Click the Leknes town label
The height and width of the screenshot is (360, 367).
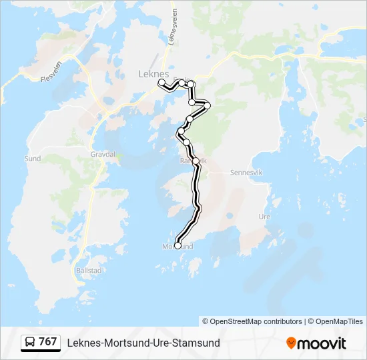tap(153, 73)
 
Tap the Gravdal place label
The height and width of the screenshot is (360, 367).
tap(103, 154)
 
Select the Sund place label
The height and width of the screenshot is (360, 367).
tap(32, 159)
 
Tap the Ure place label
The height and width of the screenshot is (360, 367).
tap(264, 217)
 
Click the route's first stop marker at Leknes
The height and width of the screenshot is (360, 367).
tap(161, 82)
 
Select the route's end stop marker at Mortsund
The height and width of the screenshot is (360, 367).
tap(178, 245)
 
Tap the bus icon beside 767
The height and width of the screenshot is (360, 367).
tap(30, 343)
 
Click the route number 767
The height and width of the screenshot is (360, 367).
tap(48, 342)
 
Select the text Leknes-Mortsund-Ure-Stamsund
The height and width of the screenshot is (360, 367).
tap(143, 343)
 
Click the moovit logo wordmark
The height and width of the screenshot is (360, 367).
tap(322, 343)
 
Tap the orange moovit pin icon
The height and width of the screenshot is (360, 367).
tap(291, 343)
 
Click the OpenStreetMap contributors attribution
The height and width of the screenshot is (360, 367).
tap(256, 321)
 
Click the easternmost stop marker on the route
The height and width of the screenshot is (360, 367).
tap(208, 105)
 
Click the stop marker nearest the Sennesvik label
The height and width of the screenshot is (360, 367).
tap(196, 161)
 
